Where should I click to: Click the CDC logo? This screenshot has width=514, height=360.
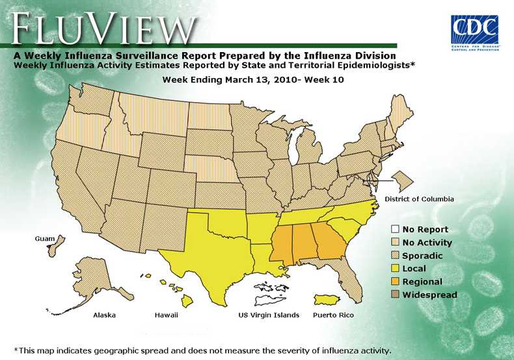[x=474, y=33]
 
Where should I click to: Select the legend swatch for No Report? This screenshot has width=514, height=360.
[x=395, y=229]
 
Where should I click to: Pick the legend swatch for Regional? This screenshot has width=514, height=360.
[x=395, y=282]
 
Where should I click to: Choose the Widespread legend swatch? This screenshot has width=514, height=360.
[x=395, y=295]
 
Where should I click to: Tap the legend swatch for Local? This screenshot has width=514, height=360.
[x=395, y=268]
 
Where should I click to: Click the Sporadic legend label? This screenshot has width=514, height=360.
[x=422, y=256]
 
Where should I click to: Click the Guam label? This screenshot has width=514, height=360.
[x=45, y=240]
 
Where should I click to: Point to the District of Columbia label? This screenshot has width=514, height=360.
[x=419, y=199]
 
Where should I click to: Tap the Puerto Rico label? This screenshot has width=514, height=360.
[x=333, y=315]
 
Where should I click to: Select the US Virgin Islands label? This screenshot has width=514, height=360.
[x=269, y=315]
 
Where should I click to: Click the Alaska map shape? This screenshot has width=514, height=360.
[x=94, y=280]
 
